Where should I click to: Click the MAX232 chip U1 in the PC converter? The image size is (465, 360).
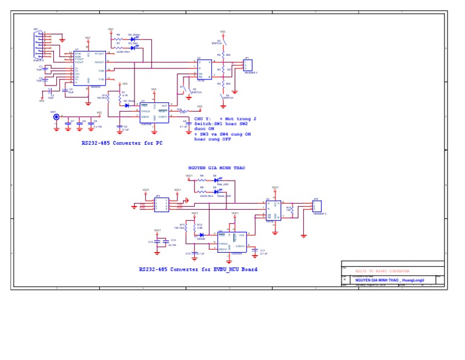click(89, 68)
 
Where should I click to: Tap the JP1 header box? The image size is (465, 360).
click(248, 65)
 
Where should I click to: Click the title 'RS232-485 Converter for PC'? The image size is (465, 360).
click(122, 144)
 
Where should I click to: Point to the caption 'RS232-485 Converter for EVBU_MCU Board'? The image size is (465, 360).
click(198, 269)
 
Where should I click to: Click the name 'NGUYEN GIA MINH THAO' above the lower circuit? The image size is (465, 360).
click(217, 168)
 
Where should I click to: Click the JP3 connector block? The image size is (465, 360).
click(161, 205)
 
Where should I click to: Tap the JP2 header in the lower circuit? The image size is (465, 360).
click(317, 206)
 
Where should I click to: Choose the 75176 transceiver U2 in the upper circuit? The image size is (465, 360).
click(205, 70)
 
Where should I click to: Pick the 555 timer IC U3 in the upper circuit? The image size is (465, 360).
click(154, 112)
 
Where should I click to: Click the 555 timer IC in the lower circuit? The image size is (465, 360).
click(232, 242)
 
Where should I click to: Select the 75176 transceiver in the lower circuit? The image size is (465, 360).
click(273, 210)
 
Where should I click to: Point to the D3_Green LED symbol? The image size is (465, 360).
click(133, 39)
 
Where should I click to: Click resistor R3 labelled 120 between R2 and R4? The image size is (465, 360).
click(223, 70)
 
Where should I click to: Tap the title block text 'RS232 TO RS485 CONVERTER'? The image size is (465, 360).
click(382, 271)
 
